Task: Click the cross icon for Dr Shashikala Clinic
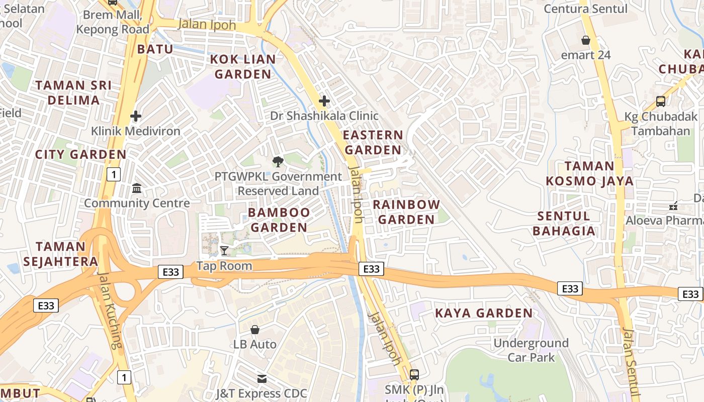tap(324, 101)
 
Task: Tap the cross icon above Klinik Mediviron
tap(135, 117)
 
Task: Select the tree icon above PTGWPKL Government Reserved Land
tap(277, 162)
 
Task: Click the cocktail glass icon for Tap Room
tap(224, 251)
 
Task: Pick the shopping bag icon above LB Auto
tap(255, 330)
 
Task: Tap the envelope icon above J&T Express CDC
tap(261, 378)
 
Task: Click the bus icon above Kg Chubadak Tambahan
tap(661, 102)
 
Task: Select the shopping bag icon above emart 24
tap(586, 40)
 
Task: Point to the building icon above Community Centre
tap(136, 188)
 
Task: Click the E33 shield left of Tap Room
tap(170, 272)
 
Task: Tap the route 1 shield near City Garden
tap(114, 174)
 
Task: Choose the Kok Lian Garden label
tap(243, 67)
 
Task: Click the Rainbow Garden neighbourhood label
tap(406, 212)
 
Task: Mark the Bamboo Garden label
tap(279, 220)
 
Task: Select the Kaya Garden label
tap(484, 313)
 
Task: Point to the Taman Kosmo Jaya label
tap(589, 173)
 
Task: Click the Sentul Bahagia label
tap(564, 224)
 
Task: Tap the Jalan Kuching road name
tap(110, 311)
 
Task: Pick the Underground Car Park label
tap(531, 350)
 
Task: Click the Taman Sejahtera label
tap(67, 254)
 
